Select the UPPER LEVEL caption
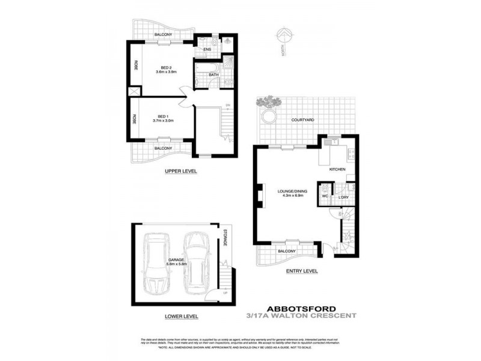click(x=181, y=171)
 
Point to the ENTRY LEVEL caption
click(x=302, y=271)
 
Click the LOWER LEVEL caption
click(x=181, y=316)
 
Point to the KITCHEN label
click(x=337, y=170)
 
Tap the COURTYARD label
click(x=302, y=120)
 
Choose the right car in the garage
click(x=195, y=260)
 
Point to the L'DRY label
click(x=344, y=197)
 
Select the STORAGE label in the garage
click(x=225, y=238)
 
